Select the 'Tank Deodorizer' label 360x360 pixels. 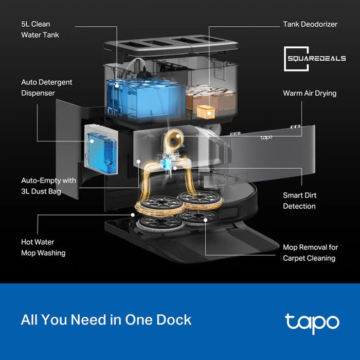pos(310,24)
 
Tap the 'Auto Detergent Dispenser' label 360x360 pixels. pos(47,87)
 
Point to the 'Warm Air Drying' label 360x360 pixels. pos(310,93)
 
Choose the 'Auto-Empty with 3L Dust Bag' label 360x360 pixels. pos(48,186)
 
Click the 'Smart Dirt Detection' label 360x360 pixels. pos(299,201)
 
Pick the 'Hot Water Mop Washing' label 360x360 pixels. pos(43,247)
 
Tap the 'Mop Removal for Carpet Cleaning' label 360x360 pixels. pos(310,253)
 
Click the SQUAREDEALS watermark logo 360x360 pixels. pos(315,58)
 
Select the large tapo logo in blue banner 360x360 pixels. pos(312,321)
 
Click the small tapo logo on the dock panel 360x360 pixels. pos(266,137)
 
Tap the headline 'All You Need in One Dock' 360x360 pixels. pos(106,319)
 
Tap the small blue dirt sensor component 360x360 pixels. pos(166,163)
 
